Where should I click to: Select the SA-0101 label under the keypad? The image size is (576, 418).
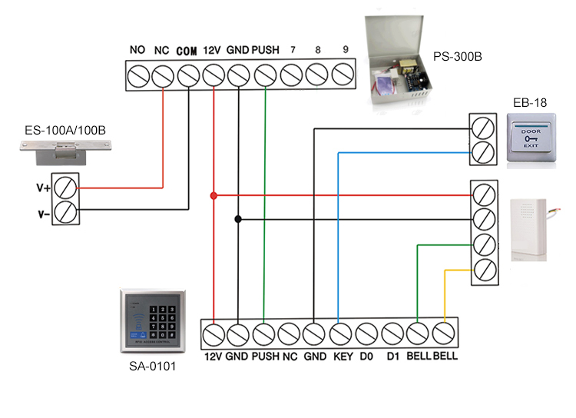(x=152, y=367)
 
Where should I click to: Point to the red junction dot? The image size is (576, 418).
(x=214, y=196)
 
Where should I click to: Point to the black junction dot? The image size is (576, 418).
(x=238, y=219)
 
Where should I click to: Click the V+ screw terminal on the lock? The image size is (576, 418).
(x=65, y=187)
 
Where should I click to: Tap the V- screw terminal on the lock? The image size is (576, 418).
(x=65, y=211)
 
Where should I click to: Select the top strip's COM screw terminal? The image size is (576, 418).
(x=187, y=75)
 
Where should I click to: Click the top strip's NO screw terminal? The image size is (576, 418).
(x=137, y=75)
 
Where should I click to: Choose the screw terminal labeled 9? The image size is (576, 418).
(x=343, y=75)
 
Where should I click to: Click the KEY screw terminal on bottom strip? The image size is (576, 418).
(x=340, y=333)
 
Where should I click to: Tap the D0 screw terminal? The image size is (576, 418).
(x=366, y=333)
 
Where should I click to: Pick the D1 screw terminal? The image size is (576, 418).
(x=392, y=333)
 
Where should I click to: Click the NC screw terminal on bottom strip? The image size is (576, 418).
(x=289, y=333)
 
